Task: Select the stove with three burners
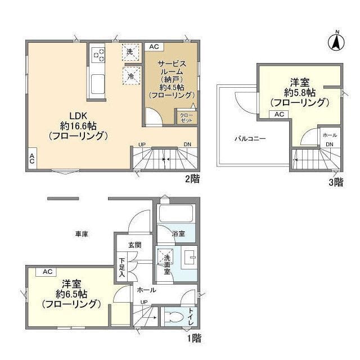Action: coord(98,55)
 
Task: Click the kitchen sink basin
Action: coord(98,84)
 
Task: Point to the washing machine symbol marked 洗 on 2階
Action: coord(131,52)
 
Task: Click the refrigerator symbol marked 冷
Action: coord(131,76)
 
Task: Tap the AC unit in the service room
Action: coord(154,47)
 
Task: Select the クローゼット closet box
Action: coord(186,118)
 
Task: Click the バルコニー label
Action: coord(250,139)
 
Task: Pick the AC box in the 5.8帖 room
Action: coord(279,114)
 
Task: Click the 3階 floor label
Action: coord(336,182)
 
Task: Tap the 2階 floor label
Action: coord(192,179)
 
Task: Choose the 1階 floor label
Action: coord(193,338)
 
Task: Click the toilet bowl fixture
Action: coord(175,317)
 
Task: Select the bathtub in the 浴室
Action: coord(176,213)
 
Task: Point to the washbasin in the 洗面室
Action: coord(190,258)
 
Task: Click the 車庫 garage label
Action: coord(82,234)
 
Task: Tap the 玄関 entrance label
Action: coord(134,245)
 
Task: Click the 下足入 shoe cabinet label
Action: coord(122,268)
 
